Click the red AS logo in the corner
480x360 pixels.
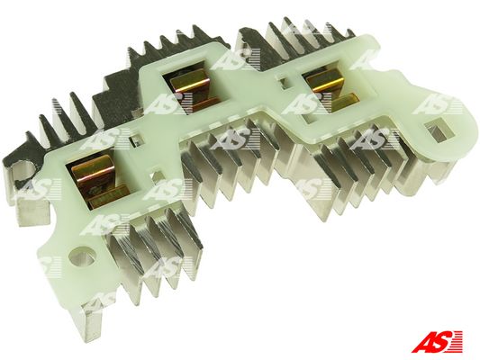[x=437, y=341]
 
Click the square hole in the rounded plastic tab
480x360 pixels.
[x=438, y=130]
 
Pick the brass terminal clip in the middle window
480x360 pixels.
[x=194, y=90]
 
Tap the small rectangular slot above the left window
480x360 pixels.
[x=135, y=141]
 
